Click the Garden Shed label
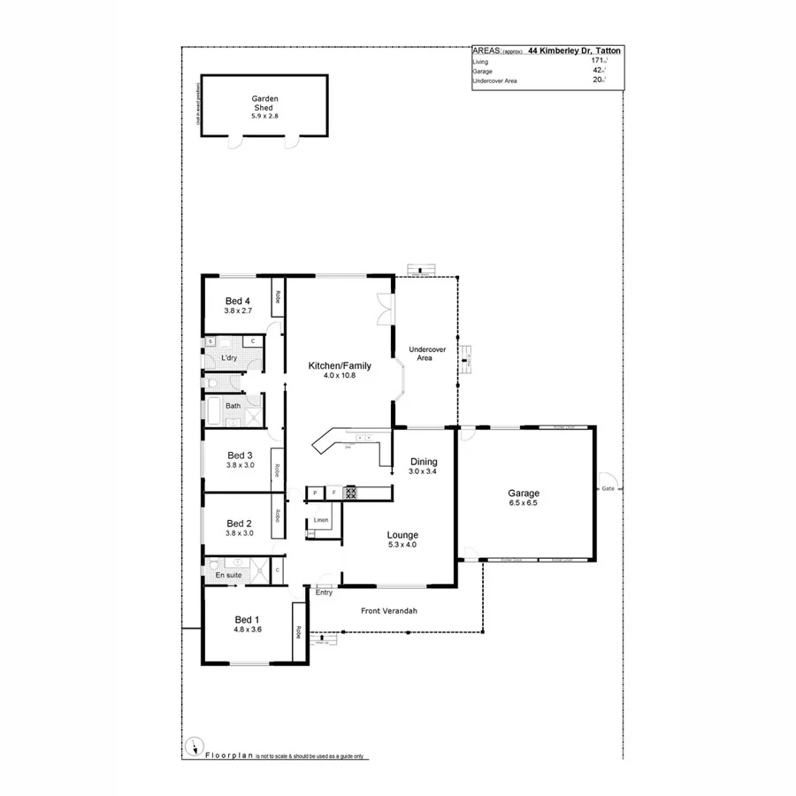point(264,103)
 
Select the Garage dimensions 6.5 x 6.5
point(524,503)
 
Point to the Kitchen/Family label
point(340,365)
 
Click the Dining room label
point(424,462)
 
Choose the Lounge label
point(402,535)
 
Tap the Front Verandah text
point(389,611)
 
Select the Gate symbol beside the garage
point(608,488)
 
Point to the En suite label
point(228,576)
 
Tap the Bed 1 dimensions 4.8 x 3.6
point(248,630)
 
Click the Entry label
point(324,593)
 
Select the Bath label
point(233,406)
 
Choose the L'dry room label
point(229,357)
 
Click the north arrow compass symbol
point(192,746)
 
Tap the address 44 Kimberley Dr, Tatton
point(574,52)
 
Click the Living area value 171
point(597,61)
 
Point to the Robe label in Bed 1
point(299,632)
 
